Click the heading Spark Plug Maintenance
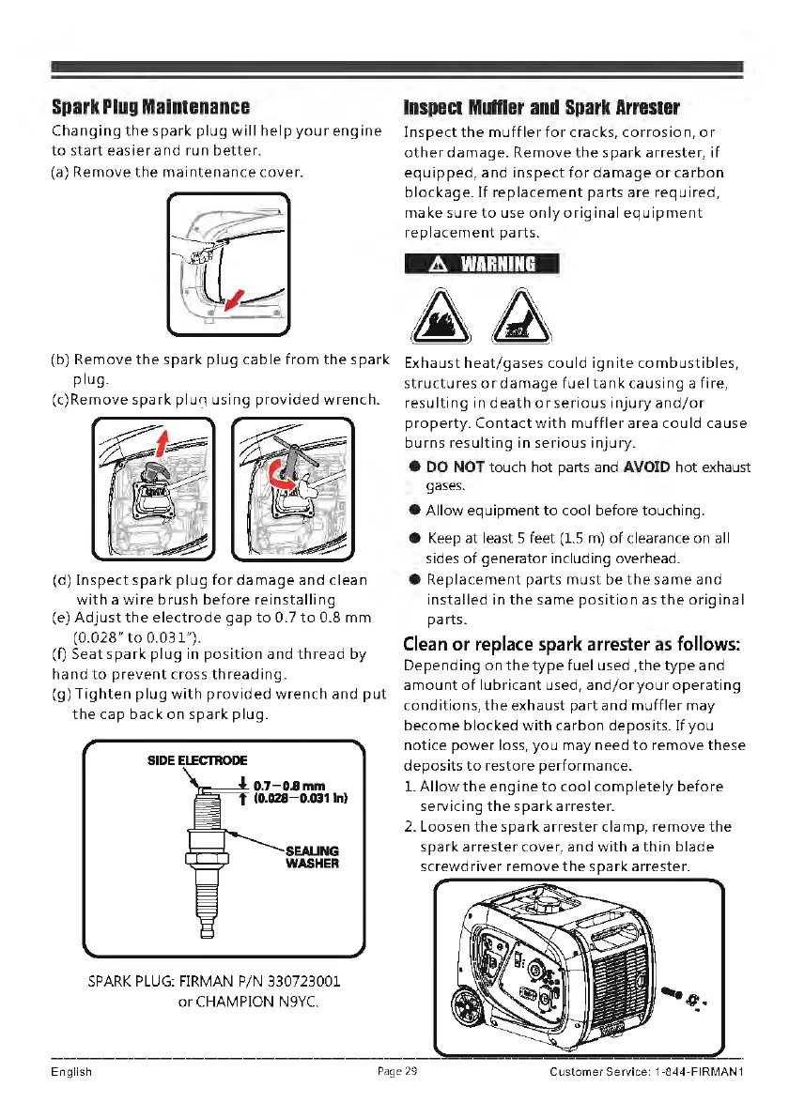pos(150,107)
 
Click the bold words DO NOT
pos(455,467)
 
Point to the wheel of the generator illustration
pos(466,1015)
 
